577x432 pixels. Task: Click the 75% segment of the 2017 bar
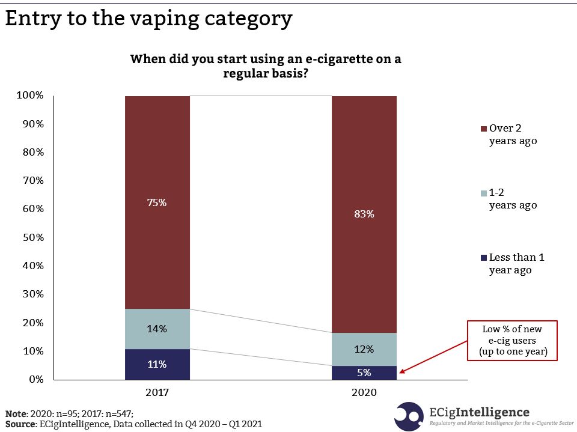tap(157, 202)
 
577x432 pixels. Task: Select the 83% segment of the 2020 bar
tap(364, 214)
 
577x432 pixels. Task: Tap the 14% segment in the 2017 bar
tap(157, 329)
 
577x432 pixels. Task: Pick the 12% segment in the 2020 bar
tap(364, 349)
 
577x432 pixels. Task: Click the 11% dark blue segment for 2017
tap(157, 364)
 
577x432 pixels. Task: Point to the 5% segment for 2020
tap(364, 373)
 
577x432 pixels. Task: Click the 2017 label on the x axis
tap(157, 393)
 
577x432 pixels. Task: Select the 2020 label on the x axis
tap(364, 393)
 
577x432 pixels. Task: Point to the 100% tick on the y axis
tap(31, 96)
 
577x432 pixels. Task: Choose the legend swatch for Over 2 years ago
tap(484, 129)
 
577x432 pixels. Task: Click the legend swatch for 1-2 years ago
tap(484, 193)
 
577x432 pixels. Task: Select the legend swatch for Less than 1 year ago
tap(484, 258)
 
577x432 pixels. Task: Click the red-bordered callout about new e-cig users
tap(513, 341)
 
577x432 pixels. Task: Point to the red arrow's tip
tap(400, 373)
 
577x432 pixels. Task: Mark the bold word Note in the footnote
tap(17, 413)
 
